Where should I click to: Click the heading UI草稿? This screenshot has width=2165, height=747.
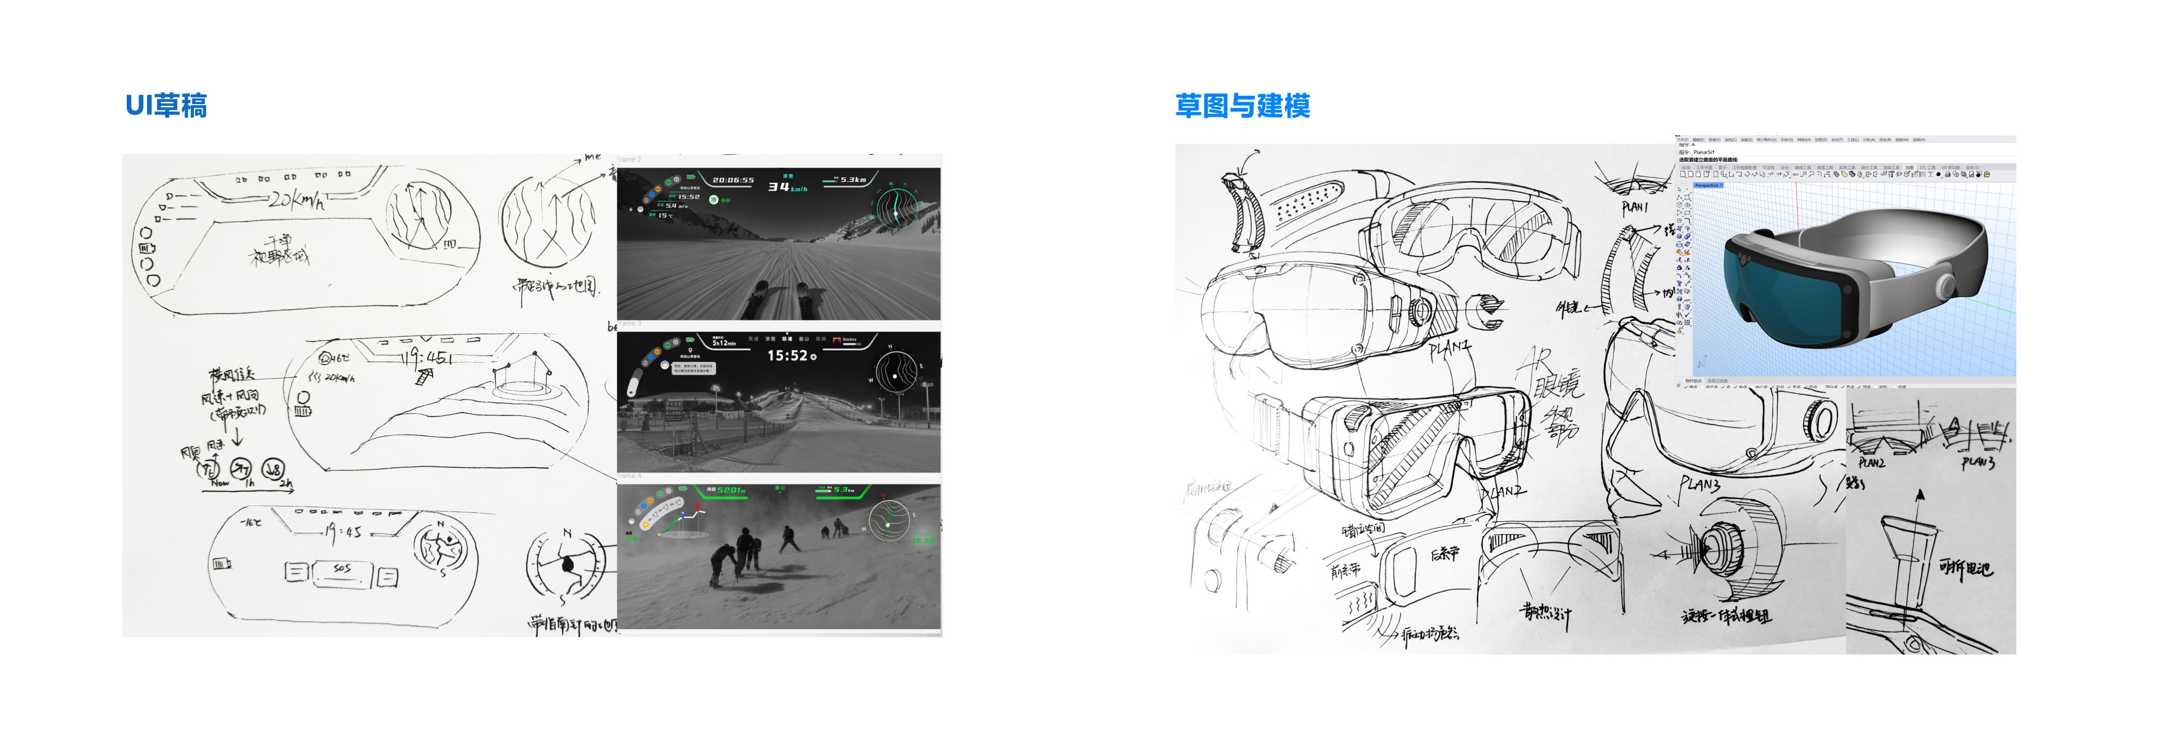tap(165, 106)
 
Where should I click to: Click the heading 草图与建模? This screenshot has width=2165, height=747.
tap(1242, 106)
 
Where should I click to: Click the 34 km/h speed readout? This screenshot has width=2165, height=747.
tap(786, 187)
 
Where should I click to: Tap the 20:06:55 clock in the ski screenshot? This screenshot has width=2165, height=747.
tap(733, 180)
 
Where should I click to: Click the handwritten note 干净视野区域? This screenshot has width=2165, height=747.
tap(278, 250)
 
